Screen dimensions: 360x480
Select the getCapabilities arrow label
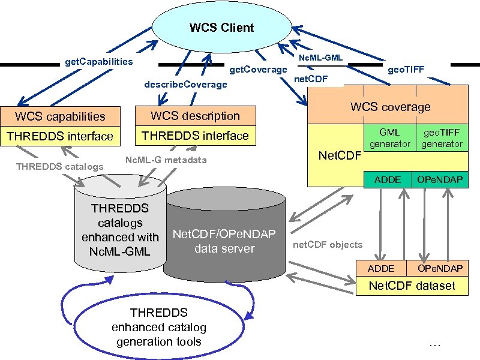click(98, 62)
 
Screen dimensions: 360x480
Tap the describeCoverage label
click(185, 84)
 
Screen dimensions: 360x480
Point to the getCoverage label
click(259, 70)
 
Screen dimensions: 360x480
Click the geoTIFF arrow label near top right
click(406, 70)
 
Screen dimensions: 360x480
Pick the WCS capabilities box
click(60, 116)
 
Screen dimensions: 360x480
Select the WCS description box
click(195, 116)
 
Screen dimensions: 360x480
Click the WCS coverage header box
click(390, 107)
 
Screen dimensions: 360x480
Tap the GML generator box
click(389, 138)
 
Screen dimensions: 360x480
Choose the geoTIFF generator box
click(442, 138)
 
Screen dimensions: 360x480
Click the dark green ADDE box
click(388, 180)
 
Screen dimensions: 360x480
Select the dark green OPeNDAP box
click(439, 180)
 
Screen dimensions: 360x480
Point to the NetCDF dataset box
click(412, 286)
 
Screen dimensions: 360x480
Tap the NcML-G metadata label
click(166, 160)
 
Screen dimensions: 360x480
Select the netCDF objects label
click(328, 245)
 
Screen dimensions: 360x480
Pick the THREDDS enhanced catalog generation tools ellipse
click(158, 327)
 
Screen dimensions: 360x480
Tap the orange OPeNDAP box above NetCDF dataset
click(439, 268)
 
